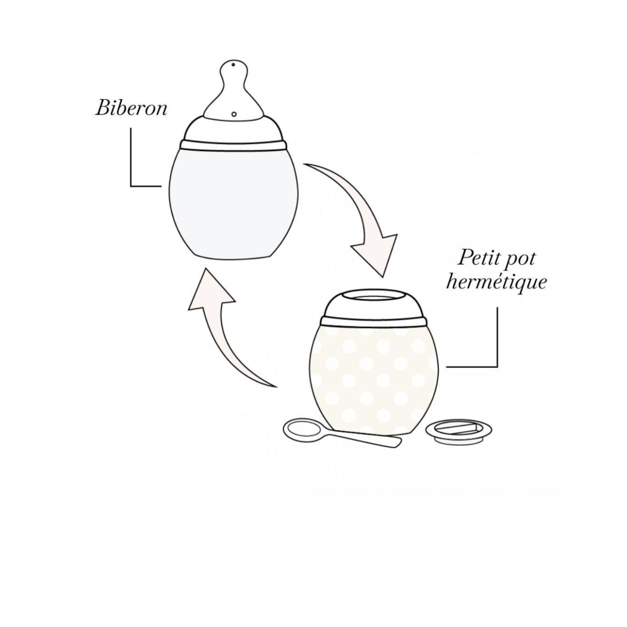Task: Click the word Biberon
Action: pyautogui.click(x=131, y=108)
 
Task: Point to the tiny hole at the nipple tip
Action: pyautogui.click(x=233, y=65)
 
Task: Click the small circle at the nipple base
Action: pyautogui.click(x=234, y=114)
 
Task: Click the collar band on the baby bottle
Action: pyautogui.click(x=234, y=145)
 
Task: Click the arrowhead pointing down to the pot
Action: pyautogui.click(x=378, y=256)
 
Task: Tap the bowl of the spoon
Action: pyautogui.click(x=302, y=430)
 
